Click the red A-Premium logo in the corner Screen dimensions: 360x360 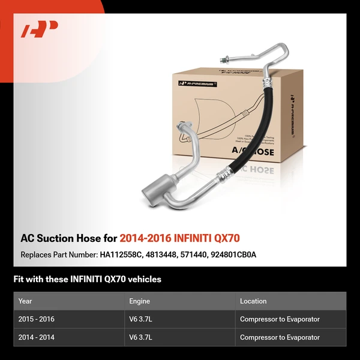[40, 29]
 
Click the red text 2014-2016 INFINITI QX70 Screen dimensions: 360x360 [180, 238]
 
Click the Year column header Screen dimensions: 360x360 [25, 301]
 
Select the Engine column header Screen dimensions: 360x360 [139, 301]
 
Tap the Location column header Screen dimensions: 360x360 [253, 301]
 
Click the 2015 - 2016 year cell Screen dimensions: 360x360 [37, 319]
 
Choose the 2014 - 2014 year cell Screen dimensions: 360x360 [37, 338]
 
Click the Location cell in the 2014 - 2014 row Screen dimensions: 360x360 [280, 338]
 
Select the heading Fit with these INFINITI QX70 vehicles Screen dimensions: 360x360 [87, 279]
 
